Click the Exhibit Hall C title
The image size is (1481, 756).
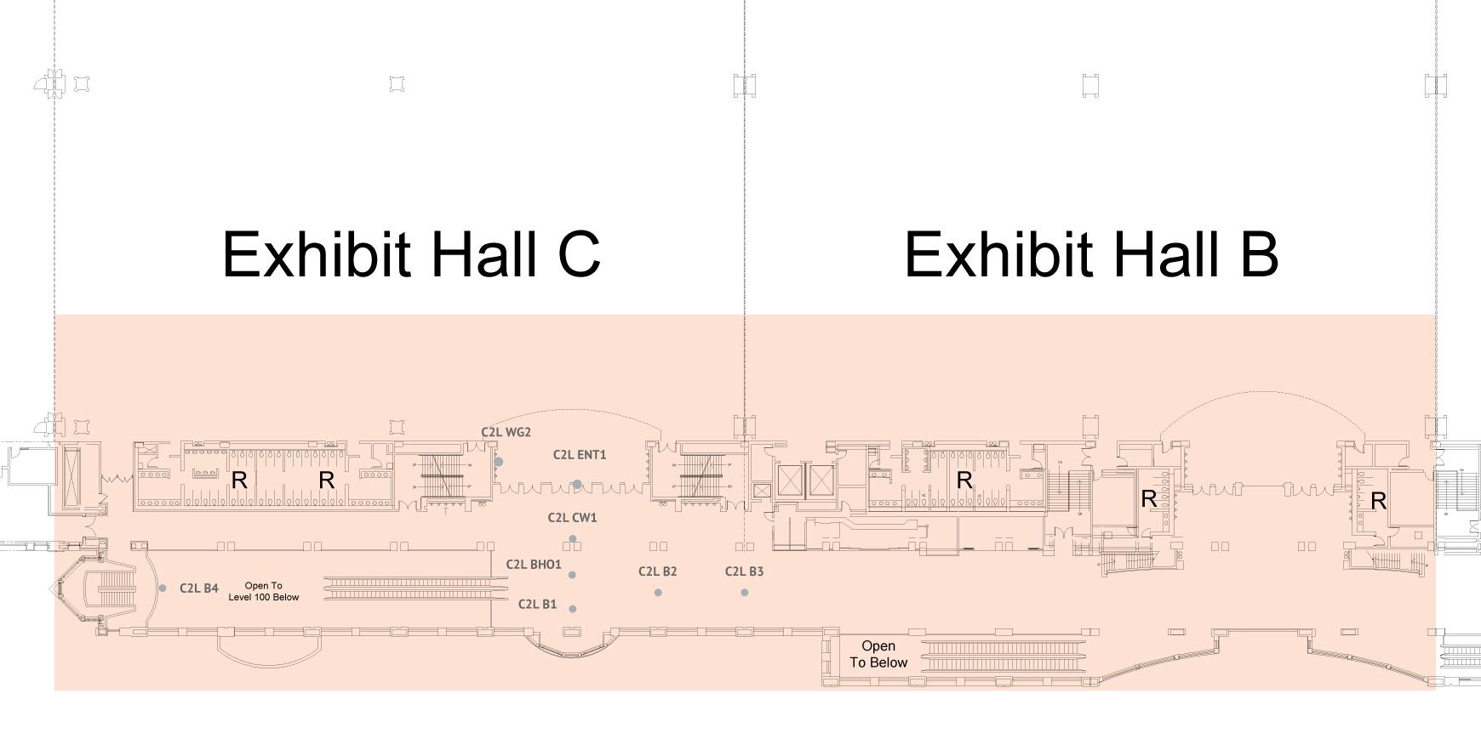411,254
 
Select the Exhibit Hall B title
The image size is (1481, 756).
1091,254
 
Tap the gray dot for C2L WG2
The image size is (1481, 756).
499,462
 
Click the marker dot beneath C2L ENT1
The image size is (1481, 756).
577,485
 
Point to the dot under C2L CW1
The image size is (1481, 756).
573,539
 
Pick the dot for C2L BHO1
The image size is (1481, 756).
572,575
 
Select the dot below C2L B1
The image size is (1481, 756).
573,609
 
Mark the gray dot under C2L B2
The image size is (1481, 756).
658,593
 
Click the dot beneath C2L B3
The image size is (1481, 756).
745,593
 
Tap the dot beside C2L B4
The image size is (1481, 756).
163,588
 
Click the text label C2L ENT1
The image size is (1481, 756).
580,455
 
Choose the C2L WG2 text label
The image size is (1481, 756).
506,432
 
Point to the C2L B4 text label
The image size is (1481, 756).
199,588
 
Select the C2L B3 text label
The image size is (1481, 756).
744,571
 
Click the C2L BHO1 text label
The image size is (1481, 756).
534,565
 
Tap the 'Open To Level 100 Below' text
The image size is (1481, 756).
264,591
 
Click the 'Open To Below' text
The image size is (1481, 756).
878,654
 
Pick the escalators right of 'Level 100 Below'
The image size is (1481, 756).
415,586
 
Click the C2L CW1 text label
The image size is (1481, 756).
572,518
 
